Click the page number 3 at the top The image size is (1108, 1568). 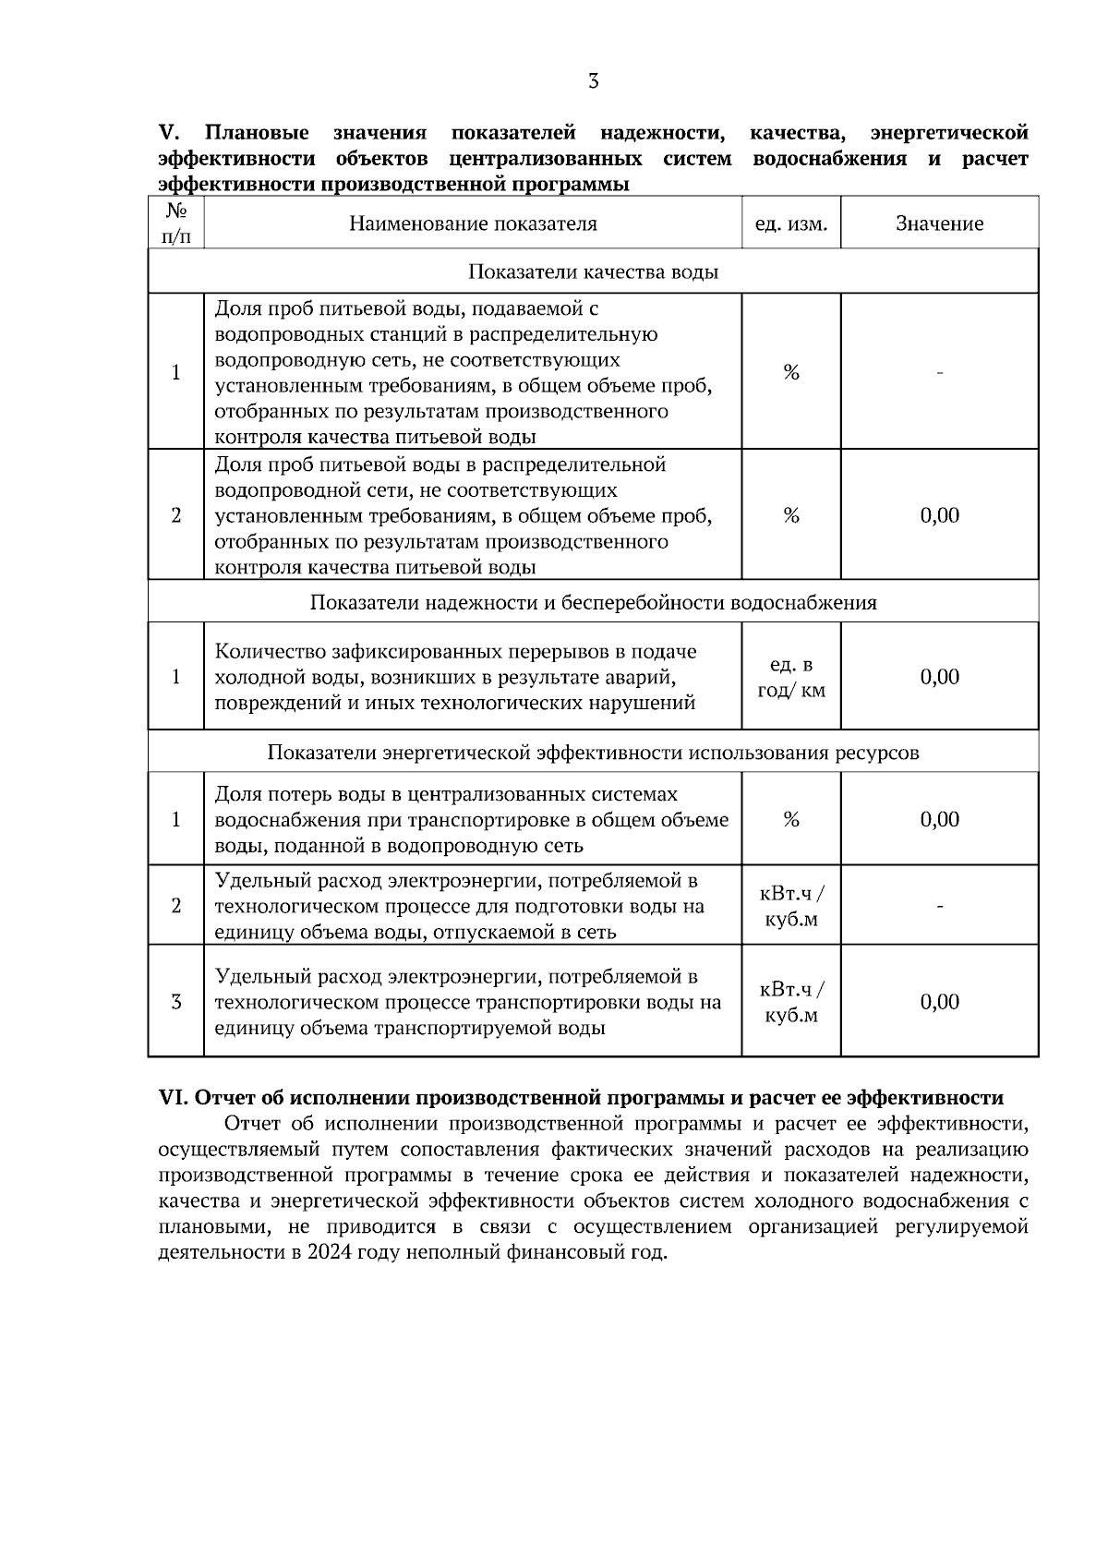[593, 81]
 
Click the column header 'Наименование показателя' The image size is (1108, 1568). [473, 223]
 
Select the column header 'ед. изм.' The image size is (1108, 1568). [791, 223]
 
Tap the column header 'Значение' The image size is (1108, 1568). [939, 223]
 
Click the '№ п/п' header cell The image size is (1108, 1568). [176, 223]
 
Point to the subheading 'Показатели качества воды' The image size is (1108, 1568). [593, 271]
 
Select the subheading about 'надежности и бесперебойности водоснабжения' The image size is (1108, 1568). [593, 603]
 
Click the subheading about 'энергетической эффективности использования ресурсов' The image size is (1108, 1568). [593, 753]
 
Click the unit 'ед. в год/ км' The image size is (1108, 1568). [791, 678]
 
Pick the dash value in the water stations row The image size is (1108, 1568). [939, 373]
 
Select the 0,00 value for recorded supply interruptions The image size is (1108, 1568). [939, 677]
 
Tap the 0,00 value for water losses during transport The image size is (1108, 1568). [939, 819]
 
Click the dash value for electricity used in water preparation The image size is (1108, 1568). [939, 907]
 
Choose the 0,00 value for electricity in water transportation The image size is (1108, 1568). [939, 1002]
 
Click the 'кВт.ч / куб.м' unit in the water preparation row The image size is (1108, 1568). [791, 907]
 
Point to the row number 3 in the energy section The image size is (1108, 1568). [176, 1002]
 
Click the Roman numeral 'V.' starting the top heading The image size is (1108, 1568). [168, 134]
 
